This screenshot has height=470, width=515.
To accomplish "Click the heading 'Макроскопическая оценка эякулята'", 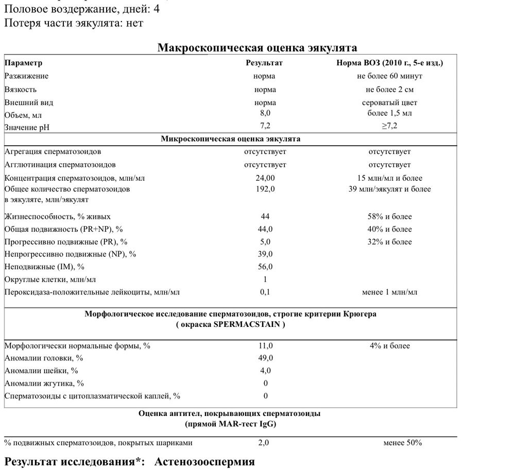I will [257, 48].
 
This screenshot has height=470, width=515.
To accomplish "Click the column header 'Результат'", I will [265, 63].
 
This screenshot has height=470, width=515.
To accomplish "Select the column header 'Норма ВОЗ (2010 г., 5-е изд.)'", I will [389, 63].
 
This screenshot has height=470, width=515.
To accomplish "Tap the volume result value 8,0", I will [265, 113].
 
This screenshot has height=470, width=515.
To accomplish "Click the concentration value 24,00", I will [265, 178].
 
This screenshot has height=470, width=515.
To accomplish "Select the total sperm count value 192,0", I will [265, 189].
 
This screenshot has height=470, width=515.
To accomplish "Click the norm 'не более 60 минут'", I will [389, 76].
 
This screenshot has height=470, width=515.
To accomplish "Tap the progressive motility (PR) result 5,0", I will [265, 241].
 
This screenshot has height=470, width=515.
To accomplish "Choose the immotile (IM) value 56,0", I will [265, 267].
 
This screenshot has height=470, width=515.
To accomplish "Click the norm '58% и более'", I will [389, 217].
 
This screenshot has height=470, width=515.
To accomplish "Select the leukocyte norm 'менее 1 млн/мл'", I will [389, 292].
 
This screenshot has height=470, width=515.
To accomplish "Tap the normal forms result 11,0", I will [265, 346].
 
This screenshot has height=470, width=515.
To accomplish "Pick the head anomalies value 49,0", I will [265, 358].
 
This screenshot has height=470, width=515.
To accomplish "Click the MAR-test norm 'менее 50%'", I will [402, 443].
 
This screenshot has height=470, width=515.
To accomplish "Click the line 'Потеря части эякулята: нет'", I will [74, 23].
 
